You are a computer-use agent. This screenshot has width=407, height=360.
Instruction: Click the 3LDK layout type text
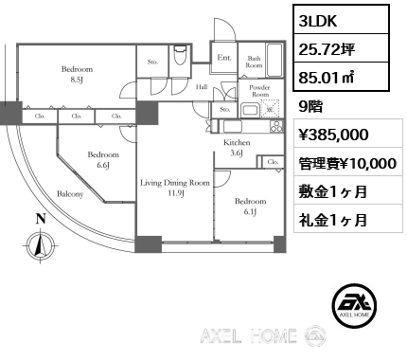(318, 21)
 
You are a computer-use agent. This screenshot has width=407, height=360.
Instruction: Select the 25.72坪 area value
(327, 49)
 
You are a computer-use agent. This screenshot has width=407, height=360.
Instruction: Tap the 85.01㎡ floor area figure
(326, 77)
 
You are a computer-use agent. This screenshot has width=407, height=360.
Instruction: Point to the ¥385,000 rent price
(333, 135)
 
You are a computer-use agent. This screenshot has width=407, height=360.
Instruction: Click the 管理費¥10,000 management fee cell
(348, 162)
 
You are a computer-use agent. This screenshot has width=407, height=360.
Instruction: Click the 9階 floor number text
(310, 107)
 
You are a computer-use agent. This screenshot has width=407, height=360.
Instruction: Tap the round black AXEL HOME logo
(355, 305)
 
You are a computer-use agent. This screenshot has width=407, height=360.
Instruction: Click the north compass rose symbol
(40, 245)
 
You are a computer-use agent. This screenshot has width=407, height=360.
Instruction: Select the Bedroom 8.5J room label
(77, 74)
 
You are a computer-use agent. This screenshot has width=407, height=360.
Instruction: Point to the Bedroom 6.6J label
(103, 159)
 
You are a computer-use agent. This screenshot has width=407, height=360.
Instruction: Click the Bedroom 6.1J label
(250, 207)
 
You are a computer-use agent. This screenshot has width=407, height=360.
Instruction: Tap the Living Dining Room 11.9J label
(175, 188)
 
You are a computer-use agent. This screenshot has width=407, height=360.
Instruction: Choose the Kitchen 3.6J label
(237, 148)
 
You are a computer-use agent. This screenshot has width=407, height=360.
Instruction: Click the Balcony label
(70, 194)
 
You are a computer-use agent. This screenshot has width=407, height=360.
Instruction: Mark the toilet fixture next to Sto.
(180, 55)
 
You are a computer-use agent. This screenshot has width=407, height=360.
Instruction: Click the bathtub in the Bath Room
(274, 60)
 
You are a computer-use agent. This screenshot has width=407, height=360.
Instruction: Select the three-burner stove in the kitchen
(276, 126)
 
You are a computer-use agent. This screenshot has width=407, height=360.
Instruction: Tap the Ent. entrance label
(224, 58)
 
